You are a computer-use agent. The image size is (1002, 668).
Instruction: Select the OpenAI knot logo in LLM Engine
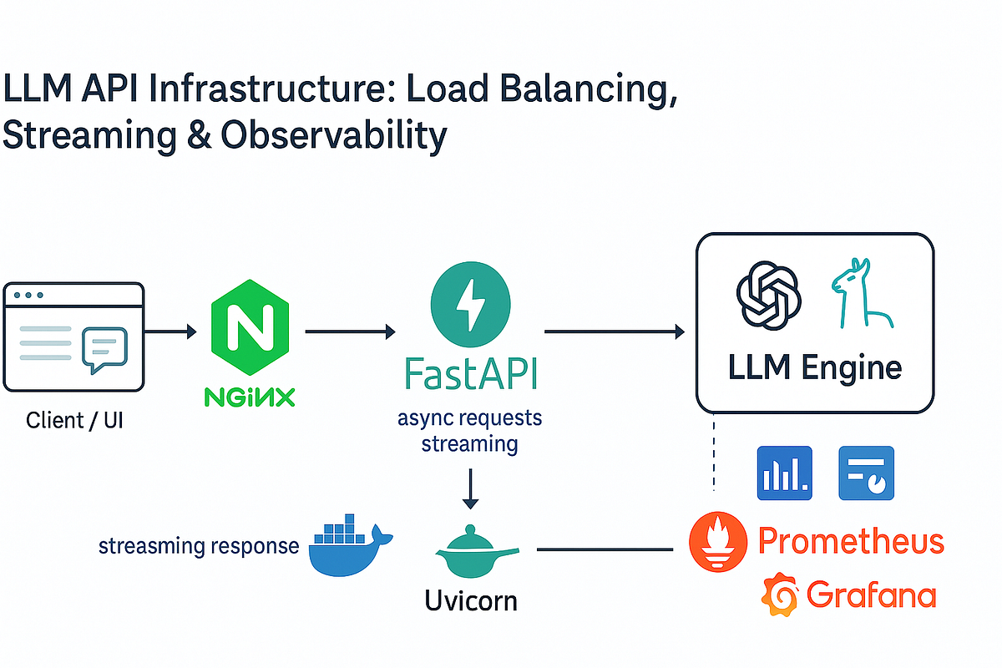coord(768,297)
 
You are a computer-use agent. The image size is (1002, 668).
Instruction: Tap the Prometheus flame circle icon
coord(717,541)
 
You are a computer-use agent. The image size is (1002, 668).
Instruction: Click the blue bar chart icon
coord(784,473)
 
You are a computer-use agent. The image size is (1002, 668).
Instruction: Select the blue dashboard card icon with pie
coord(866,473)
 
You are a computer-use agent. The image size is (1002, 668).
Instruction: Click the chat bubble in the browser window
coord(104,350)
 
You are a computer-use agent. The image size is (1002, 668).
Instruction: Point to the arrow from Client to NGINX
coord(170,332)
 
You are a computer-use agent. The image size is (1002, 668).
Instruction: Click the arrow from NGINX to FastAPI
coord(350,332)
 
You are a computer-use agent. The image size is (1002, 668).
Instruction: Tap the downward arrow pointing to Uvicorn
coord(471,489)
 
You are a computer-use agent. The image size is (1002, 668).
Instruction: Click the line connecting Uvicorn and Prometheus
coord(605,549)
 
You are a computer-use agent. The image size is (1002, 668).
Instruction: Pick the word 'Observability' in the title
coord(331,136)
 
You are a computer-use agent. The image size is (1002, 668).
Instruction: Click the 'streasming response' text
coord(199,547)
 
